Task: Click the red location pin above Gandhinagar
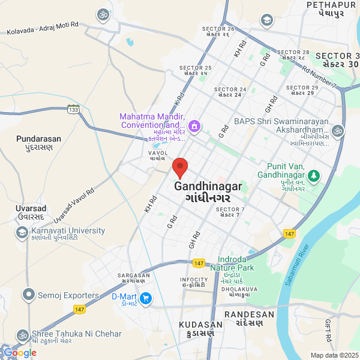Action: (x=180, y=167)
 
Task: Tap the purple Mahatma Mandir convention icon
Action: (x=194, y=126)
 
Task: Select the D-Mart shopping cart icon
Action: (x=145, y=298)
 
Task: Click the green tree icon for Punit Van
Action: (x=314, y=175)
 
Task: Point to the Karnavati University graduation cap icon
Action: (x=22, y=232)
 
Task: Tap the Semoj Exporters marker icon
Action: (x=28, y=295)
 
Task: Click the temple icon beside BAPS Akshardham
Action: (x=338, y=130)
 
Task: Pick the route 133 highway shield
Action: (x=73, y=109)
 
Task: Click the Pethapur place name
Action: (x=328, y=8)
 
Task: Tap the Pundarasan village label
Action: (x=38, y=142)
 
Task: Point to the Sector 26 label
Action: (x=218, y=32)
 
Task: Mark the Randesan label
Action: (x=249, y=318)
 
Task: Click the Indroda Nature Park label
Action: (x=236, y=263)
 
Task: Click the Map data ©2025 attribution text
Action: (x=334, y=355)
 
